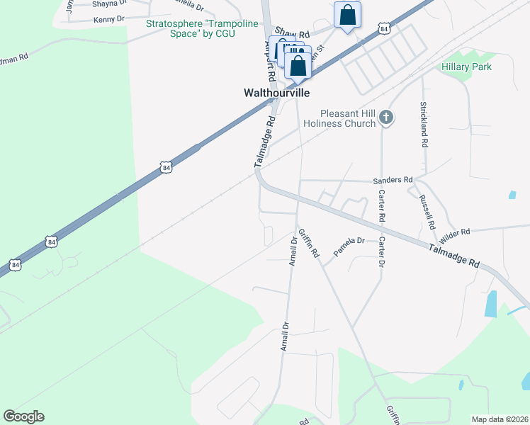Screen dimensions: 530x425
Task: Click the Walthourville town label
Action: tap(276, 93)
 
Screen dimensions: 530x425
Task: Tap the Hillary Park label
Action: tap(466, 67)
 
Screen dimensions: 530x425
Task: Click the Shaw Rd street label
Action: tap(293, 33)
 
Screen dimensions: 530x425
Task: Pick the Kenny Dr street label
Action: tap(109, 19)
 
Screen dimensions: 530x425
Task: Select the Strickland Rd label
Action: tap(424, 123)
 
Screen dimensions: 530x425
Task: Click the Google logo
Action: tap(23, 416)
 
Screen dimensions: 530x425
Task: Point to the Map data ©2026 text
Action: tap(500, 419)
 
